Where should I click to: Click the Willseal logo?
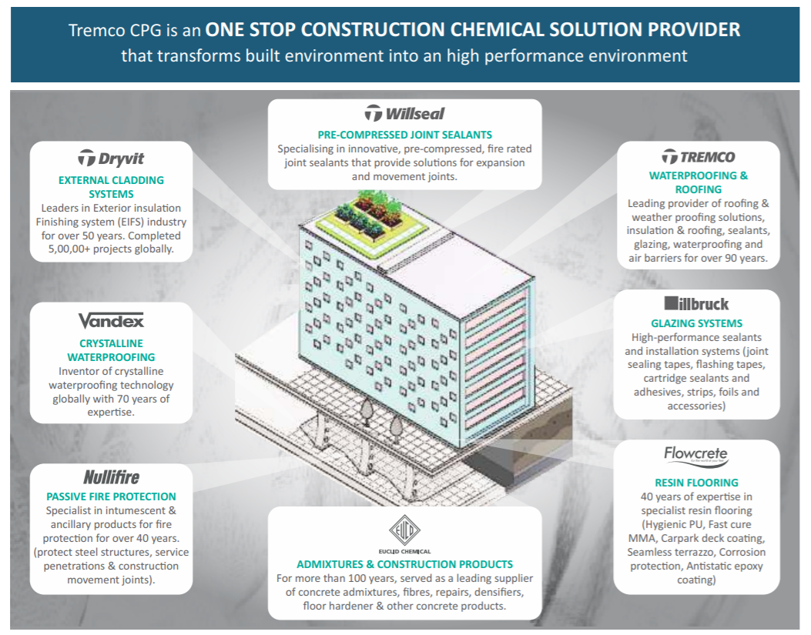point(404,113)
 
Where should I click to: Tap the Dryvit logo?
point(111,159)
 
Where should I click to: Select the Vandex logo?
point(111,321)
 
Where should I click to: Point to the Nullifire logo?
point(111,476)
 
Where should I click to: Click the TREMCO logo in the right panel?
point(699,157)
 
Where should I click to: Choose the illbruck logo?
point(696,303)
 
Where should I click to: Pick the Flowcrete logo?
point(695,455)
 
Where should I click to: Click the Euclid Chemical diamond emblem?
point(404,530)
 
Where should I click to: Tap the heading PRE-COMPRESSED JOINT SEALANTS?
point(404,135)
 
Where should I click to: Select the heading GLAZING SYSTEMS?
point(696,324)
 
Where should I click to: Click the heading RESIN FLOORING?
point(696,483)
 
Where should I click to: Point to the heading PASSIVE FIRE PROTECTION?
point(111,497)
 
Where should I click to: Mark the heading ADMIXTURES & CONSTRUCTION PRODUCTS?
point(404,565)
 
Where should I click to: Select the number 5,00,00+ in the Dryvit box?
point(69,249)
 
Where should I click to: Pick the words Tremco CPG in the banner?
point(116,30)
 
